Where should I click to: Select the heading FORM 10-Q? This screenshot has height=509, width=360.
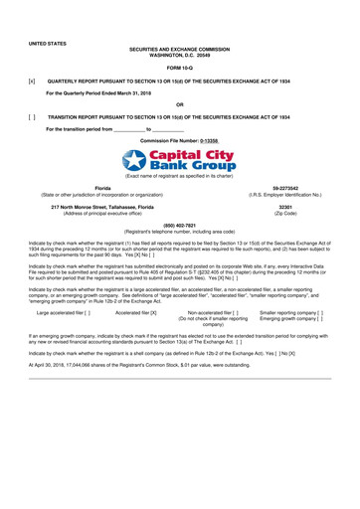[180, 67]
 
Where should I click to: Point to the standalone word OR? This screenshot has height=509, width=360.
[179, 103]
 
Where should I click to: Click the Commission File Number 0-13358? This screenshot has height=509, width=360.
[207, 142]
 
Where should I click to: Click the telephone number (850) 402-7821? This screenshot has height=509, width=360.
[180, 226]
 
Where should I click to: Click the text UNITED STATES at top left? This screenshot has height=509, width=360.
[47, 45]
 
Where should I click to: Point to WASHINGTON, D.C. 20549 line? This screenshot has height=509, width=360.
[180, 54]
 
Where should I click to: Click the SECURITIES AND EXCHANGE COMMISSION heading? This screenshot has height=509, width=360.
[180, 48]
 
